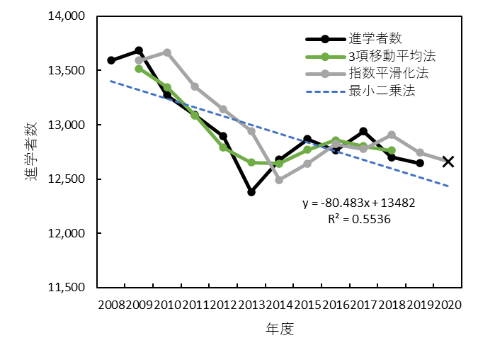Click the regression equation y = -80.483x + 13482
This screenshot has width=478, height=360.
click(x=358, y=203)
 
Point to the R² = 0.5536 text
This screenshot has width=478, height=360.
click(x=359, y=220)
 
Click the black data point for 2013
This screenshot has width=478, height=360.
click(x=251, y=192)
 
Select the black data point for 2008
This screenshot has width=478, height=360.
click(x=111, y=60)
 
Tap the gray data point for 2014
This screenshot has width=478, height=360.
click(x=279, y=180)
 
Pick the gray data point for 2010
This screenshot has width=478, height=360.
click(x=167, y=52)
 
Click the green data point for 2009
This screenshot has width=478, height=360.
click(x=139, y=69)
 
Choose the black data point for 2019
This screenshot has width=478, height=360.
click(x=420, y=163)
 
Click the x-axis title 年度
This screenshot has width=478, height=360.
click(x=280, y=329)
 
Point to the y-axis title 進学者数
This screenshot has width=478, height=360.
click(x=32, y=152)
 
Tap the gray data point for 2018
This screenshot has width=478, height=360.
click(x=392, y=135)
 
